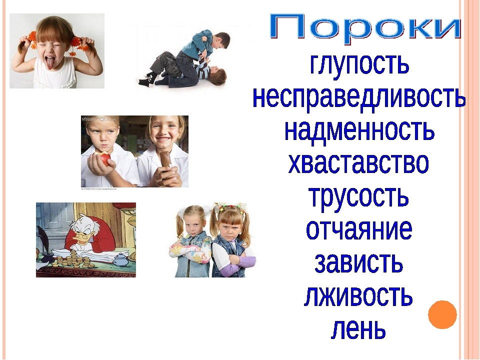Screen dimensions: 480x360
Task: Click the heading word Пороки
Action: (365, 27)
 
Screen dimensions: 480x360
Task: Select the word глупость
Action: (359, 64)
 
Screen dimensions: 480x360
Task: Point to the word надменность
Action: (359, 130)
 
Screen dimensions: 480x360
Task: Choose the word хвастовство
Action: (358, 163)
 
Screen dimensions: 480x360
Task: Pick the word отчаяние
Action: (359, 229)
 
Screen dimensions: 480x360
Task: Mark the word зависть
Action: (358, 262)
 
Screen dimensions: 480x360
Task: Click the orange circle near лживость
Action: (442, 314)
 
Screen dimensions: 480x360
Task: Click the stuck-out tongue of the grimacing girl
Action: (49, 63)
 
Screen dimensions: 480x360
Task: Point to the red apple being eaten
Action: (104, 158)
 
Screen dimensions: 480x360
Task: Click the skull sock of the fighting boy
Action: (145, 79)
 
